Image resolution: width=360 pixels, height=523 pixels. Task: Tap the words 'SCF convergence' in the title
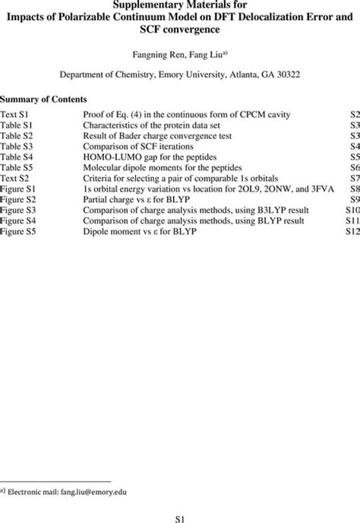[180, 30]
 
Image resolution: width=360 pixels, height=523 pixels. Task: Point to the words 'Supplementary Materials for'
[180, 5]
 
